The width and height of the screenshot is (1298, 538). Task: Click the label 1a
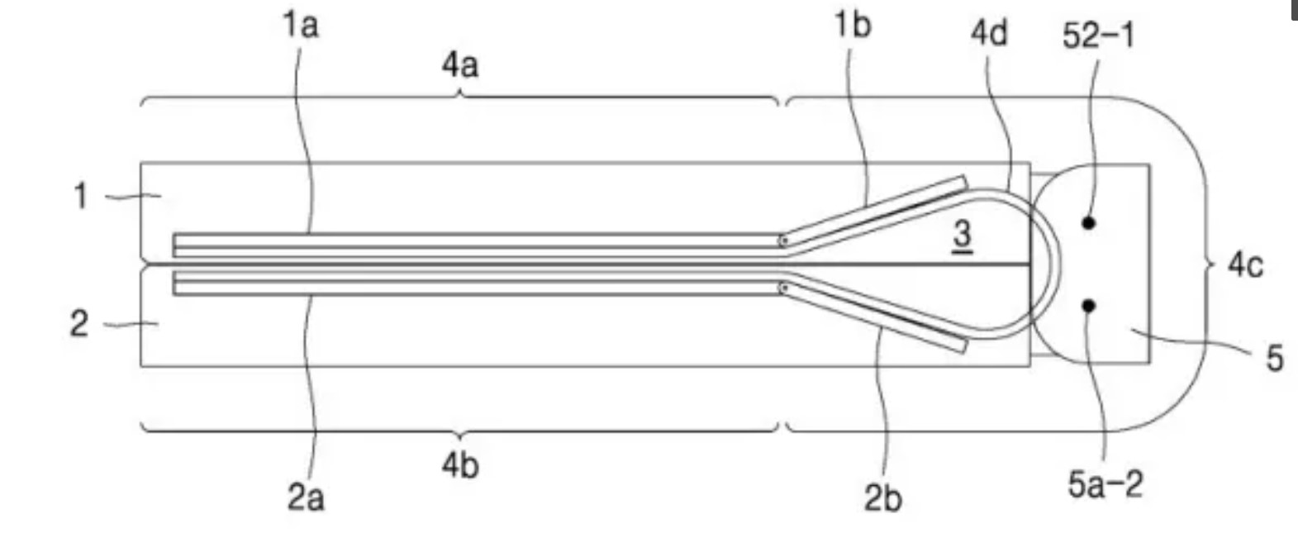300,26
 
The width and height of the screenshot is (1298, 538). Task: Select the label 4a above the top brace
460,65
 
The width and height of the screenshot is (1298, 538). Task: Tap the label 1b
853,26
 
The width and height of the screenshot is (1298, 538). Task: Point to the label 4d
989,32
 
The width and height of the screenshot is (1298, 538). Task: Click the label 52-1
1098,36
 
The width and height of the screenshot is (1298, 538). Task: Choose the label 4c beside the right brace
1245,266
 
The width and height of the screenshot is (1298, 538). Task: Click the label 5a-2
1105,484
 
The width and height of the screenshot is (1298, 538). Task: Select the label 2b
882,498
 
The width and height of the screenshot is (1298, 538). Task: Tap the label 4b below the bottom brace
460,465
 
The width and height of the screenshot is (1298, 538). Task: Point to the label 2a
306,498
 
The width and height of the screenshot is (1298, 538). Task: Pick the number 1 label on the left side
81,196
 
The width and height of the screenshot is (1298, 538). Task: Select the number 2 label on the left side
79,324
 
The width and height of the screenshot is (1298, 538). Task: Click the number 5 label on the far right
1275,359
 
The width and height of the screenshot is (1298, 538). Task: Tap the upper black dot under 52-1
1089,222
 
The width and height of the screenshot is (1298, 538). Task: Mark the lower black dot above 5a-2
1089,306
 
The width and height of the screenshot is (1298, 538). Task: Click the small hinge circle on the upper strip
783,240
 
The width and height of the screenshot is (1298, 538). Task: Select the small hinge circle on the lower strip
783,288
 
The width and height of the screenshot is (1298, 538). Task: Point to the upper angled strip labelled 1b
874,211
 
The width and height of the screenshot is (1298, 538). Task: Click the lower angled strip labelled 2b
874,317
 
